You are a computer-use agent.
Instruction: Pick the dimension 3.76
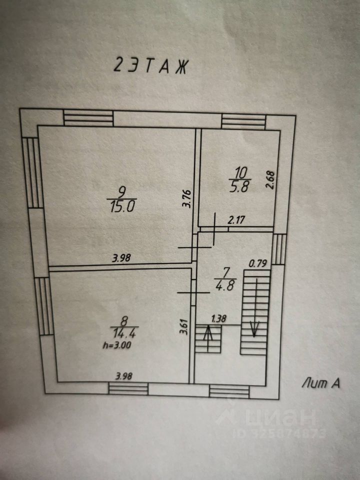click(187, 198)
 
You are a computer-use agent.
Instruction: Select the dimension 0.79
click(258, 262)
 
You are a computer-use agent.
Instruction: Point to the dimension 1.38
click(218, 318)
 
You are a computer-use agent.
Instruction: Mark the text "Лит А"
click(320, 383)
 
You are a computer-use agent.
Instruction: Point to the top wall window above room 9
click(89, 119)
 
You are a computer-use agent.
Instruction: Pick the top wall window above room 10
click(243, 121)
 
